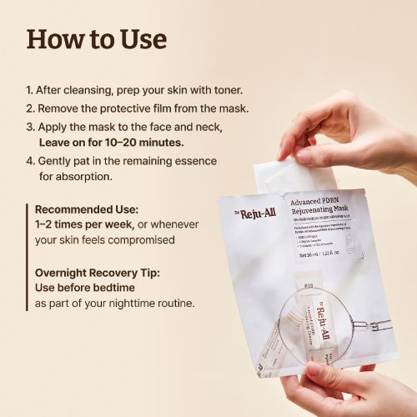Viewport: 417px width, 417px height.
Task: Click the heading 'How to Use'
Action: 97,38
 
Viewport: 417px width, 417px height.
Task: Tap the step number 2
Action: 30,108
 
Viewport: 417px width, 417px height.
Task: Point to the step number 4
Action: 30,160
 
